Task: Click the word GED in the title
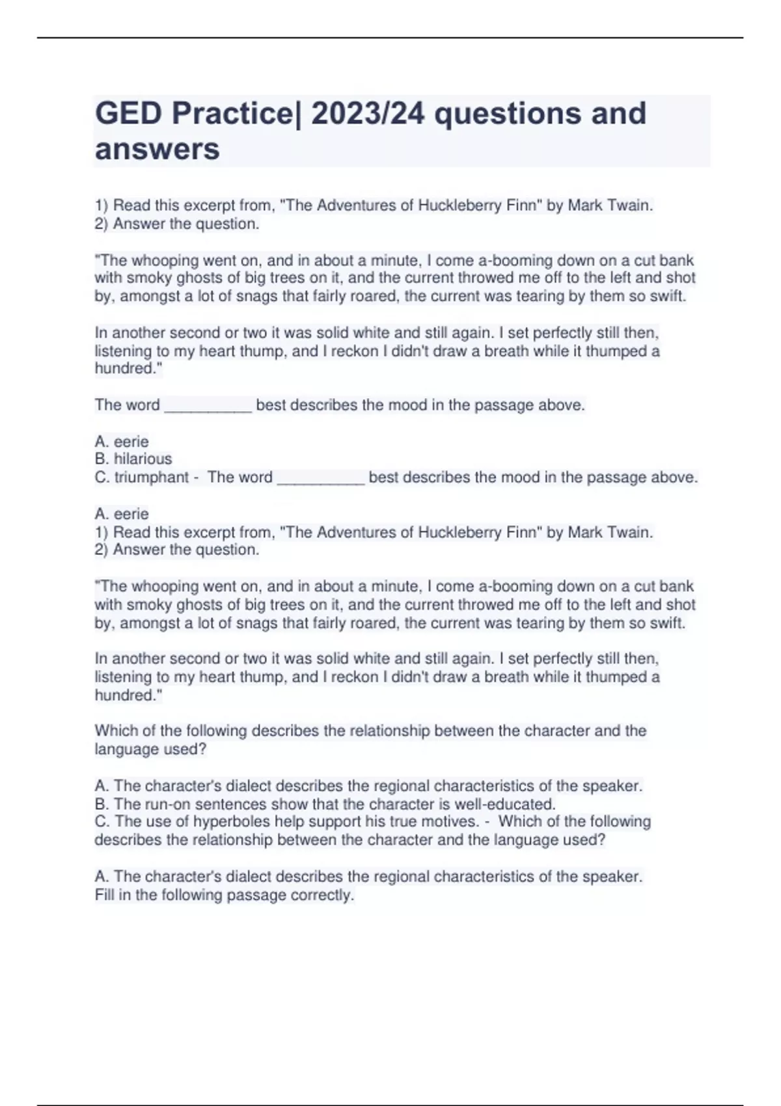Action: click(128, 114)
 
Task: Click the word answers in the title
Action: click(158, 149)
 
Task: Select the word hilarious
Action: click(143, 459)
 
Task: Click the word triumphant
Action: click(152, 478)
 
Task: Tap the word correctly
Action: click(322, 895)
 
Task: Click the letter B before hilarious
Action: click(101, 459)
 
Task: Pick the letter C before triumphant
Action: click(101, 478)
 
